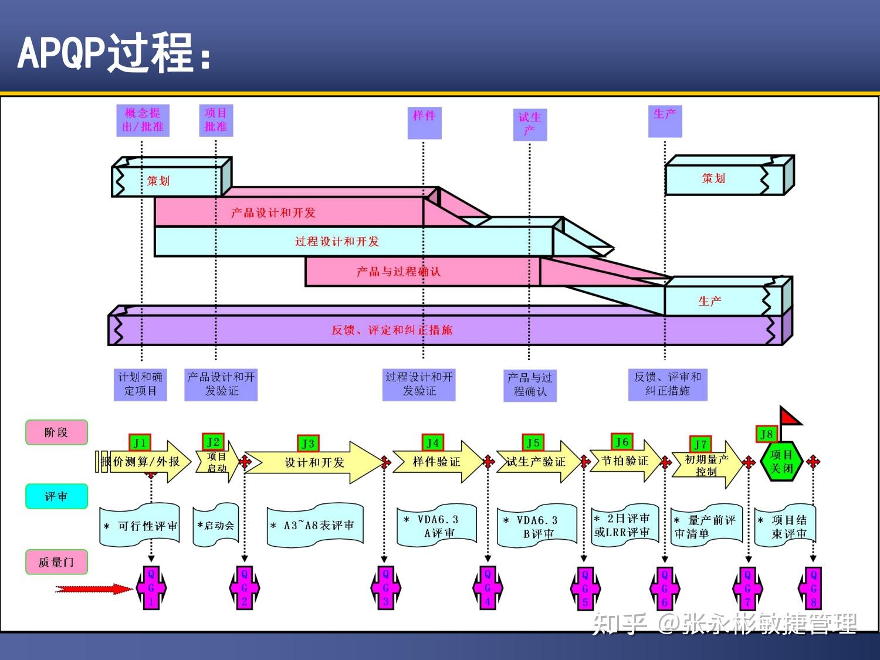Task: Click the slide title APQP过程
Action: point(114,53)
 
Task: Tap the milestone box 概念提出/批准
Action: point(143,120)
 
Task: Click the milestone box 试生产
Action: point(530,124)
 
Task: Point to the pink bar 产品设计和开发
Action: point(273,212)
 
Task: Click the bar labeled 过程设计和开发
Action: point(337,242)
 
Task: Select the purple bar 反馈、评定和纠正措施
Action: point(392,330)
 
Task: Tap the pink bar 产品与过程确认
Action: point(398,272)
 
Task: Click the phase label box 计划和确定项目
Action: point(140,384)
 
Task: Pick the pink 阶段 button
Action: point(56,432)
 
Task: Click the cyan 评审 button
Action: point(56,496)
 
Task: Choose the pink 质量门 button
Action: point(56,562)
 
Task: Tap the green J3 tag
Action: point(308,444)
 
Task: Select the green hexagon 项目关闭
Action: point(781,462)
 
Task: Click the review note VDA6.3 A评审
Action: point(436,526)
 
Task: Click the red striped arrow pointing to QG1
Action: point(94,589)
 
